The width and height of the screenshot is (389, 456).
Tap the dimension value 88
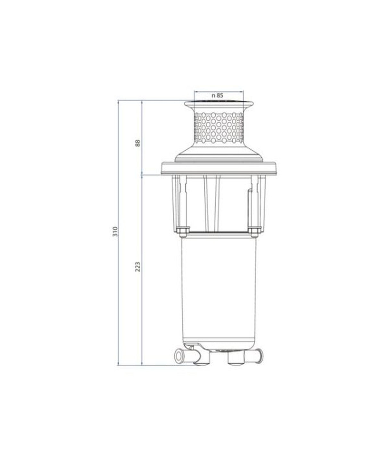[x=138, y=143]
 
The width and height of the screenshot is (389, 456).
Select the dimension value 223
[x=138, y=267]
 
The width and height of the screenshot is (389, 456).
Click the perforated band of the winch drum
[x=219, y=127]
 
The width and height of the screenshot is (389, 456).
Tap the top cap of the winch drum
[x=219, y=104]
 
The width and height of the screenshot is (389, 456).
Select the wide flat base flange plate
[x=219, y=169]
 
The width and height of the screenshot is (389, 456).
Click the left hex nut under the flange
[x=183, y=230]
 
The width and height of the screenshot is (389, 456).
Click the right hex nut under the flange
[x=254, y=230]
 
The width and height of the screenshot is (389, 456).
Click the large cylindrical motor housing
[x=219, y=288]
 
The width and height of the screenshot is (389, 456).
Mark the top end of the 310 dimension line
[x=119, y=101]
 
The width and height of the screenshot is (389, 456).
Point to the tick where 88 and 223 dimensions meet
[x=142, y=175]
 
